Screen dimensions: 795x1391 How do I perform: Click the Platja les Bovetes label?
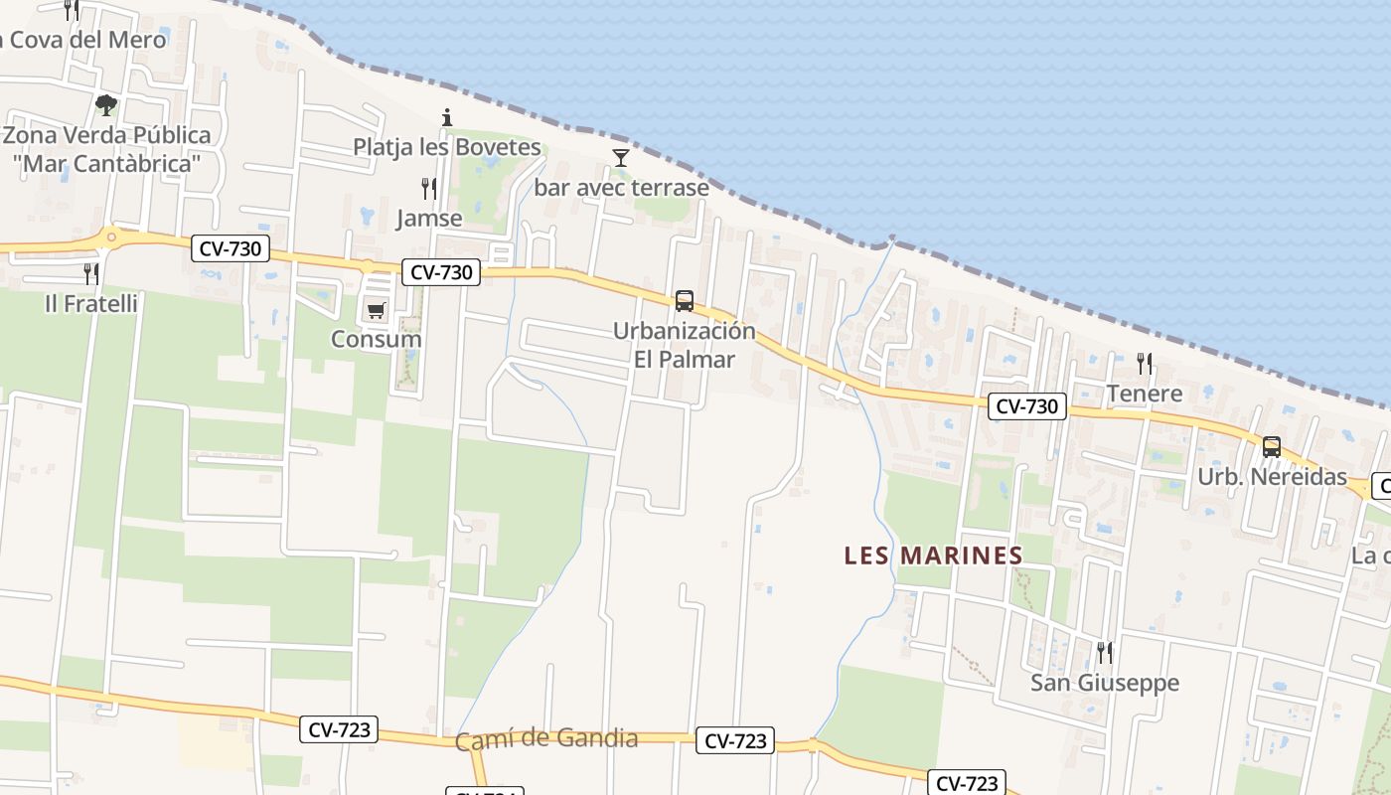click(447, 147)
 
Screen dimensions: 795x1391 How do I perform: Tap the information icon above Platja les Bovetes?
click(447, 117)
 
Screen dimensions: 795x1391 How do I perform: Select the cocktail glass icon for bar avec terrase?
click(621, 157)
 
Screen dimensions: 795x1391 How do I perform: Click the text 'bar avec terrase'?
click(622, 187)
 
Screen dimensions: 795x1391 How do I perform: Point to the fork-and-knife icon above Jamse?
click(429, 188)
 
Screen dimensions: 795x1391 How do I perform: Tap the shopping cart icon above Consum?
click(376, 311)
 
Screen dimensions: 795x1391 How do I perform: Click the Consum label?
click(376, 339)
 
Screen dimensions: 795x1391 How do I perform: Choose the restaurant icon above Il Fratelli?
click(91, 273)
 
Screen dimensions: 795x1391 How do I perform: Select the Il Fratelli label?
click(91, 303)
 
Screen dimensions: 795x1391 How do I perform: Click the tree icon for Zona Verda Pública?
click(106, 104)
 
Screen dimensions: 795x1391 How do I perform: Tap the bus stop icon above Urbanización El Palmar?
click(684, 300)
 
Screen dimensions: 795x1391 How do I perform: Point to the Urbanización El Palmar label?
click(684, 345)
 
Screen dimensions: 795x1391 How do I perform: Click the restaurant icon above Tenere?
click(1145, 364)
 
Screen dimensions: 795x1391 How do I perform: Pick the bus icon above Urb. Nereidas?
click(1272, 447)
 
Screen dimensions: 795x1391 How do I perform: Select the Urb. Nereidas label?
click(1272, 477)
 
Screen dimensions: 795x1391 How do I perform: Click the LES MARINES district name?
click(933, 556)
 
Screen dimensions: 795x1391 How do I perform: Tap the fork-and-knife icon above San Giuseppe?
click(1104, 652)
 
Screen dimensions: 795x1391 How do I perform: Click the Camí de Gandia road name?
click(546, 739)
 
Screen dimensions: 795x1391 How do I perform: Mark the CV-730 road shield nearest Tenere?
click(1027, 405)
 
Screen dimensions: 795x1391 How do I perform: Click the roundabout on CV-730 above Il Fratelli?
click(111, 237)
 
